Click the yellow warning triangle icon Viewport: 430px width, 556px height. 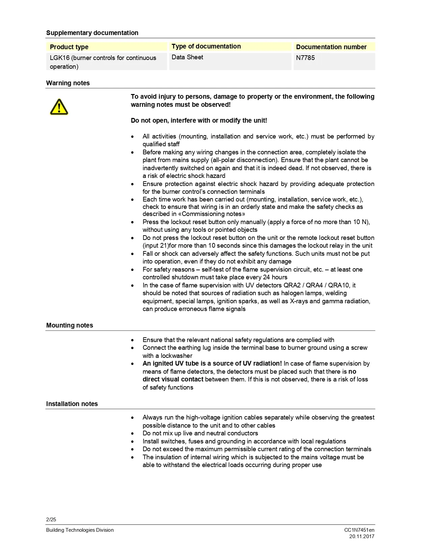(59, 107)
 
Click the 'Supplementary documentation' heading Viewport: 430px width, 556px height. (92, 33)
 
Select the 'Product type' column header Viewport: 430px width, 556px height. (69, 47)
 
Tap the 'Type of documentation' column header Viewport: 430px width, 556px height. (206, 46)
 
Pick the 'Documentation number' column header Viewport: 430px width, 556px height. (331, 47)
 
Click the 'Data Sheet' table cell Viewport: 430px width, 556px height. (187, 57)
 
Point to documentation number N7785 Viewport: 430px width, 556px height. (305, 58)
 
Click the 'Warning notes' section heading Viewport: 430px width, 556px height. (68, 83)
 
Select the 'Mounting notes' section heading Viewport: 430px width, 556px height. (69, 325)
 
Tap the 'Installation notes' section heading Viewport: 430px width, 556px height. (72, 404)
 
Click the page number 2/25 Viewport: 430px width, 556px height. (51, 519)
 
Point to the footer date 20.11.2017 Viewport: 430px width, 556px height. (362, 536)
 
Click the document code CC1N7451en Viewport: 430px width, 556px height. (359, 530)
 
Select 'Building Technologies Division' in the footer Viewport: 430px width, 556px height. (80, 530)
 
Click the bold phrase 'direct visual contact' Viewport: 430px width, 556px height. (173, 379)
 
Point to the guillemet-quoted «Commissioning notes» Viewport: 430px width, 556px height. (213, 214)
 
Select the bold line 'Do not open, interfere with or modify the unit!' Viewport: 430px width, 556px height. (199, 120)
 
